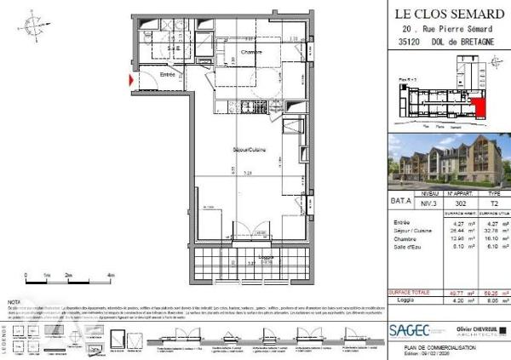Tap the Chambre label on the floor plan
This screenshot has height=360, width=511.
click(x=250, y=53)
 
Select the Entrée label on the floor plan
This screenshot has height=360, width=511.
click(x=168, y=74)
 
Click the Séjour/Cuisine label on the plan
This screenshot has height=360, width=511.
click(x=246, y=150)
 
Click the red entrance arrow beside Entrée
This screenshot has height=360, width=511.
click(x=129, y=81)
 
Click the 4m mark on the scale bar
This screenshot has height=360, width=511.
click(x=112, y=277)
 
